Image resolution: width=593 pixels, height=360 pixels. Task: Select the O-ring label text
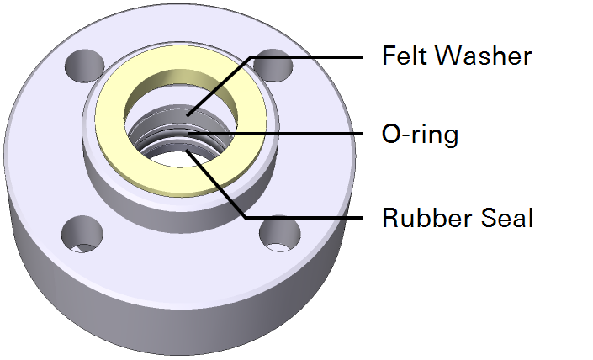[x=420, y=134]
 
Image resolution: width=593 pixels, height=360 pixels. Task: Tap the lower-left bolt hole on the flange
[x=82, y=233]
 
